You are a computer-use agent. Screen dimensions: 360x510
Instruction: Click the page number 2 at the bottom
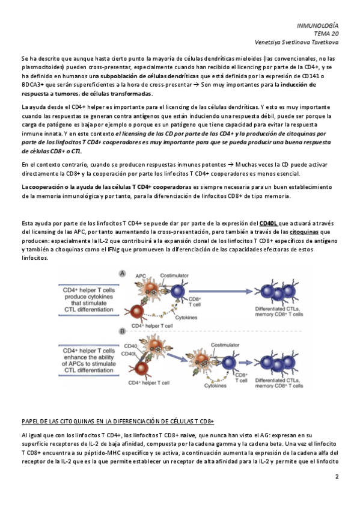pos(337,476)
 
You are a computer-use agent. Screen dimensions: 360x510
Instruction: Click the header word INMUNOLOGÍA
pos(317,26)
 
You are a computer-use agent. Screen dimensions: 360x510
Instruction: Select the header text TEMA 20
pos(326,34)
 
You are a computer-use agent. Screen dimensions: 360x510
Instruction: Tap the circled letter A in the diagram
pos(123,274)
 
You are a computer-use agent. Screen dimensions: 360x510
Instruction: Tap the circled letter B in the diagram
pos(123,331)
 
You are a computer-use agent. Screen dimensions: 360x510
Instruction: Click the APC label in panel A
pos(141,276)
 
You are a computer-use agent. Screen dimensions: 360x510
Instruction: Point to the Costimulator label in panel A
pos(174,275)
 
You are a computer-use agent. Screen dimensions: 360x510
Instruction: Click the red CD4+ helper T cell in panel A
pos(137,312)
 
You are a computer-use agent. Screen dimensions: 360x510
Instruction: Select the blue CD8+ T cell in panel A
pos(178,292)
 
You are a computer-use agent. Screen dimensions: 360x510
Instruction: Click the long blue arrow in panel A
pos(221,292)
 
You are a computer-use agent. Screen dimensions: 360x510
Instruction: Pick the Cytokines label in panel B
pos(215,386)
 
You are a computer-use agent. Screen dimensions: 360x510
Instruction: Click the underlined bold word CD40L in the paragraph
pos(269,224)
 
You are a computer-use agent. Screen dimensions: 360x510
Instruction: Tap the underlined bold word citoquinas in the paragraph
pos(304,232)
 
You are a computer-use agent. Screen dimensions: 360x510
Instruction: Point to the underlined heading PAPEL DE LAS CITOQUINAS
pos(118,422)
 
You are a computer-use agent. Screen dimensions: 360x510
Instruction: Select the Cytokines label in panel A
pos(186,318)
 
